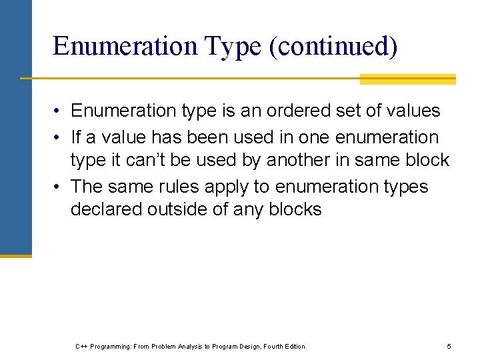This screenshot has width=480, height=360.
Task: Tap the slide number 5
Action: point(449,346)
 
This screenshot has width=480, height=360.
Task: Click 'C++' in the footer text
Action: point(81,346)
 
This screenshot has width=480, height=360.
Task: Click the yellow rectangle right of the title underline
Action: point(407,79)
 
